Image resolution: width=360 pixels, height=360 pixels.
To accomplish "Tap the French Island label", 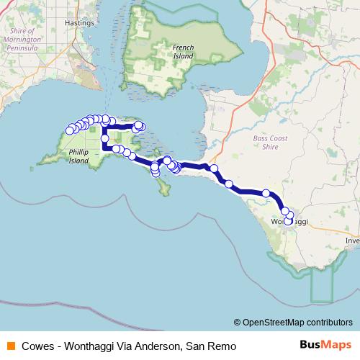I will tap(184, 52).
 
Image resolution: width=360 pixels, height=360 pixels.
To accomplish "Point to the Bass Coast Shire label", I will tap(270, 142).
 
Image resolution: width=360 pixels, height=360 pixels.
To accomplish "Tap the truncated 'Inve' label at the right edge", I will tap(353, 240).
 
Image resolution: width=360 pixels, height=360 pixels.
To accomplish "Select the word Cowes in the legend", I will tap(35, 346).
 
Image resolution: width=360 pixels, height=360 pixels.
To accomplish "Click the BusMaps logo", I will tap(325, 345).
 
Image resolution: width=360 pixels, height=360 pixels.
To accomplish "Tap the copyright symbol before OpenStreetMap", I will tap(238, 322).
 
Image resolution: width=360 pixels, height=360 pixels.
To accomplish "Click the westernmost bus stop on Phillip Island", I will tap(70, 130).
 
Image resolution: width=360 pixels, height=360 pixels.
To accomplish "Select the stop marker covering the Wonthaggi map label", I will tap(288, 222).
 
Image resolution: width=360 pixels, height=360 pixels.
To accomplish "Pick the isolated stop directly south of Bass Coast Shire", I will tap(266, 193).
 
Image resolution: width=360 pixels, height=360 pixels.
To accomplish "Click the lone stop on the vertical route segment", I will tap(105, 138).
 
